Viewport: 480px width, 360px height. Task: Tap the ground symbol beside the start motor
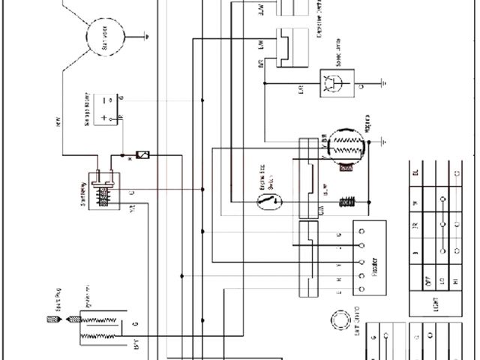point(148,33)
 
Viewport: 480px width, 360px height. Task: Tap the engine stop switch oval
point(268,202)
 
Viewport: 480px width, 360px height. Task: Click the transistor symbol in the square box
point(330,82)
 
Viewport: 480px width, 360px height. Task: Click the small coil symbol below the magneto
point(346,202)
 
